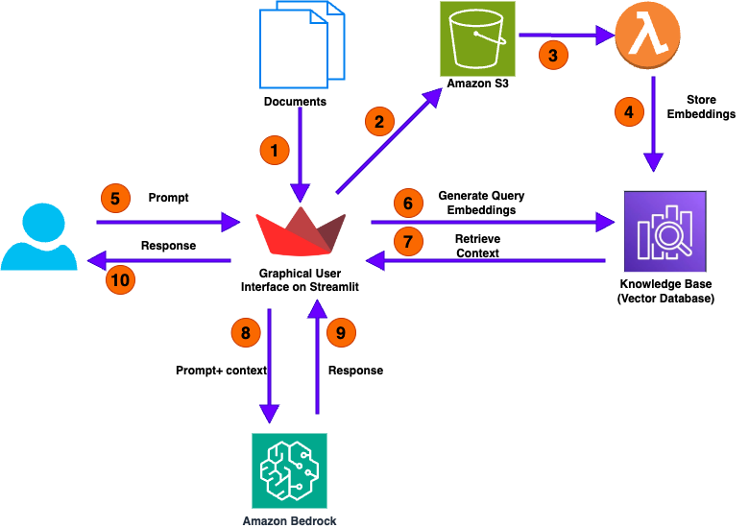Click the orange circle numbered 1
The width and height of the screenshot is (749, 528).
coord(274,150)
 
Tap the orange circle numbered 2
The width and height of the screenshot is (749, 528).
coord(379,121)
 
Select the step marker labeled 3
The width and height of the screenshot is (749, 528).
coord(552,55)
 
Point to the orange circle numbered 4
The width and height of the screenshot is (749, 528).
coord(629,111)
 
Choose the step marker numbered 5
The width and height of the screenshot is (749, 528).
coord(115,199)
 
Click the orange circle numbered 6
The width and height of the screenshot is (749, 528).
coord(408,204)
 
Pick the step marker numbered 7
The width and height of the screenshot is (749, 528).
coord(408,241)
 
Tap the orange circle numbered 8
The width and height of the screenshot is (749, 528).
coord(246,333)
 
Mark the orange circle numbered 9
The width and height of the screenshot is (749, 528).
coord(341,333)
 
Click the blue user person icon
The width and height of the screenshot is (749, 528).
coord(38,236)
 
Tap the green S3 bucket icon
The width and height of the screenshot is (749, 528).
coord(477,38)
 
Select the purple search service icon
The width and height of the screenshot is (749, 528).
coord(664,231)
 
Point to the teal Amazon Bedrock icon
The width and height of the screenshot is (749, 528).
coord(289,469)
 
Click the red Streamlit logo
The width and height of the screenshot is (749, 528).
coord(300,230)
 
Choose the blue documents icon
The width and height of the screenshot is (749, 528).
coord(302,44)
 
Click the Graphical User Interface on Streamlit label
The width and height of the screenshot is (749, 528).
coord(300,280)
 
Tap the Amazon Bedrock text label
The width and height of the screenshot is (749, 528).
coord(289,520)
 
